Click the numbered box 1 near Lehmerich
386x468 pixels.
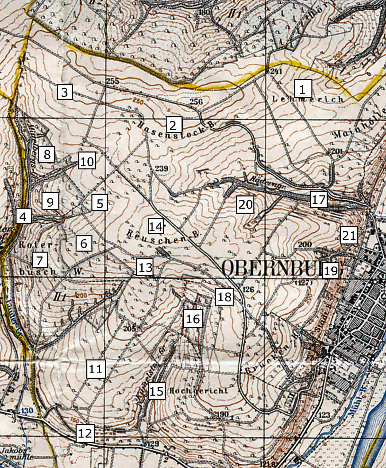303,89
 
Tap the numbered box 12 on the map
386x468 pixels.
85,433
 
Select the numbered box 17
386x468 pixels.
319,199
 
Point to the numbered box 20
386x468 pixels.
245,204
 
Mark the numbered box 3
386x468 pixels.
65,92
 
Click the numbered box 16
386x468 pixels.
193,318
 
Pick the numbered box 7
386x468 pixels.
40,260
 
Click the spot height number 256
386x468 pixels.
196,102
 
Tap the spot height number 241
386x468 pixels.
276,71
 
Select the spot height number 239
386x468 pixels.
162,168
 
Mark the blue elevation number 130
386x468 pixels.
24,411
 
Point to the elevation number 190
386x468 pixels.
222,414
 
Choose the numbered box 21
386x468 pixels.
349,235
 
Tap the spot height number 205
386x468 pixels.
129,328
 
